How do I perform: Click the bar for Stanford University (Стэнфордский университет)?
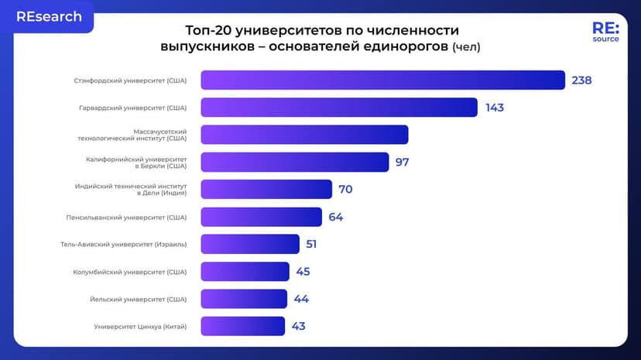tap(382, 81)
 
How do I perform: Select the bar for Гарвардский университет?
tap(338, 108)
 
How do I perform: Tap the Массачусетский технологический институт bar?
tap(304, 135)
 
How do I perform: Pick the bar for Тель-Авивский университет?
tap(249, 244)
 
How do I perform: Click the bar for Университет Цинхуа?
tap(242, 326)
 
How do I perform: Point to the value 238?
tap(581, 81)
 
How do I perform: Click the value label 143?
tap(495, 108)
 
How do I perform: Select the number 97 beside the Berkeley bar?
tap(402, 162)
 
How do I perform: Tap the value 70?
tap(345, 189)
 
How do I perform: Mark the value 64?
tap(335, 217)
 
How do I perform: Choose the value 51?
tap(311, 244)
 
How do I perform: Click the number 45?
tap(302, 271)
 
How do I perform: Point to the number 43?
tap(298, 326)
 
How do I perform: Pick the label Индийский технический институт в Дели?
tap(131, 189)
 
